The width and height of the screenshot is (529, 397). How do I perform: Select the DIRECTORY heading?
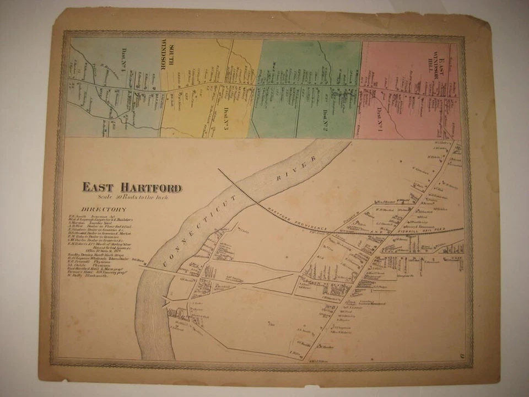click(104, 210)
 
